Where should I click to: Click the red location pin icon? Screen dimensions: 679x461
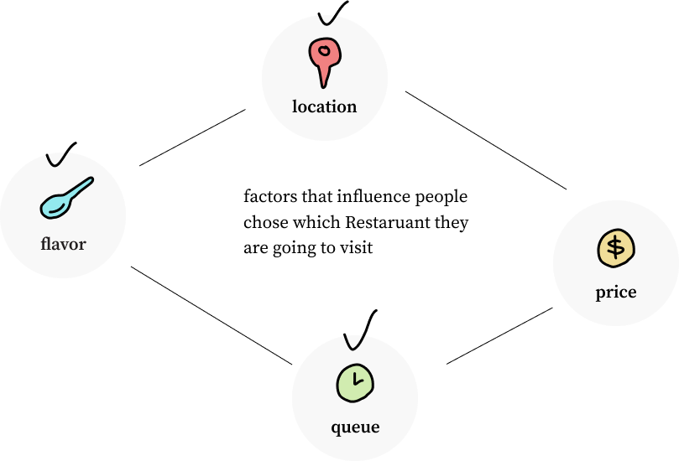click(x=324, y=59)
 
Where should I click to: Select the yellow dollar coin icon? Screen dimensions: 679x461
click(x=616, y=248)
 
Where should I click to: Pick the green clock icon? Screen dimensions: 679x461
click(x=355, y=383)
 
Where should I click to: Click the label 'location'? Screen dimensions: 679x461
click(x=324, y=106)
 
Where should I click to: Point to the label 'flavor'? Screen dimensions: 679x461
click(x=63, y=244)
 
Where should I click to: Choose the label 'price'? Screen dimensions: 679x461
click(x=616, y=293)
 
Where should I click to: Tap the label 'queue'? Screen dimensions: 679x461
click(x=355, y=427)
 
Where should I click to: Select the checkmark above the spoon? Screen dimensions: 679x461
click(x=60, y=155)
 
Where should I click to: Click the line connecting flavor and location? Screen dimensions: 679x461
click(x=192, y=137)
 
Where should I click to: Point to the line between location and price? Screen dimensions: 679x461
click(x=486, y=140)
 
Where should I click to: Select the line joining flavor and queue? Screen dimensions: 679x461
click(x=212, y=316)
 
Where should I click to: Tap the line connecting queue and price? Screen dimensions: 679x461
click(x=499, y=336)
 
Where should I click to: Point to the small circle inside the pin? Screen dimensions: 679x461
click(x=324, y=51)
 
